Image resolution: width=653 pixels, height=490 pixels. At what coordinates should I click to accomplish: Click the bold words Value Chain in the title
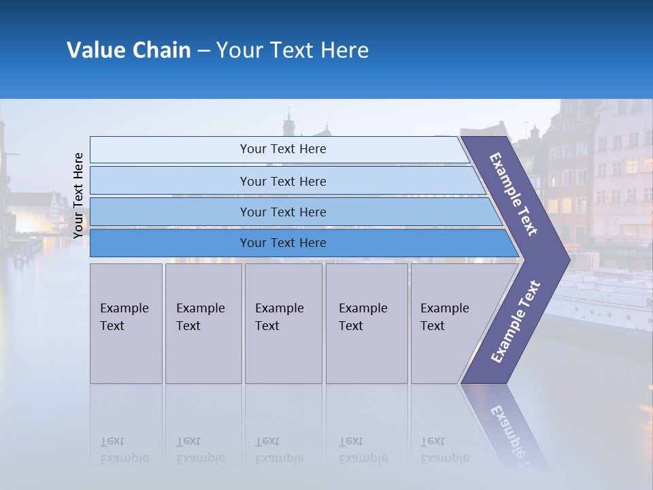pyautogui.click(x=129, y=50)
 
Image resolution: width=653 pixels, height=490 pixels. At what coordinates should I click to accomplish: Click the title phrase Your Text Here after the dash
pyautogui.click(x=292, y=50)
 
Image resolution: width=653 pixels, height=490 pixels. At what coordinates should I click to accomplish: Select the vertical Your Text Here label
pyautogui.click(x=78, y=195)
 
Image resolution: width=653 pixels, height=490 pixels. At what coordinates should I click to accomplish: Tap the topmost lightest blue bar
pyautogui.click(x=282, y=149)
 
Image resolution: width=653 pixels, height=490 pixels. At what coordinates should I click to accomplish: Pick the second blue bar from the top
pyautogui.click(x=282, y=181)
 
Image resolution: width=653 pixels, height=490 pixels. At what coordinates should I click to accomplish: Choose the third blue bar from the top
pyautogui.click(x=282, y=212)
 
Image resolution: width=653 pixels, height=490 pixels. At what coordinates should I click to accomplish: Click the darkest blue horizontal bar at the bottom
pyautogui.click(x=282, y=243)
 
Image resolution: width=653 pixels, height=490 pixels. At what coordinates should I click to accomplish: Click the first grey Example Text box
pyautogui.click(x=126, y=323)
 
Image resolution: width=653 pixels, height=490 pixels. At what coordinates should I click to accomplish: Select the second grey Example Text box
pyautogui.click(x=203, y=323)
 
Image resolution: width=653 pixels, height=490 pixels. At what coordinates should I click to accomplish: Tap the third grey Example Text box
pyautogui.click(x=283, y=323)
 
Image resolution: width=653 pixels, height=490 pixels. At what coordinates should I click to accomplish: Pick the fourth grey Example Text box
pyautogui.click(x=366, y=323)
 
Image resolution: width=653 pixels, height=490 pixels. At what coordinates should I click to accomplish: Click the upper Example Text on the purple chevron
pyautogui.click(x=514, y=194)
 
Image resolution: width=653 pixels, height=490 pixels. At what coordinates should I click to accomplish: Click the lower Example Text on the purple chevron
pyautogui.click(x=516, y=321)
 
